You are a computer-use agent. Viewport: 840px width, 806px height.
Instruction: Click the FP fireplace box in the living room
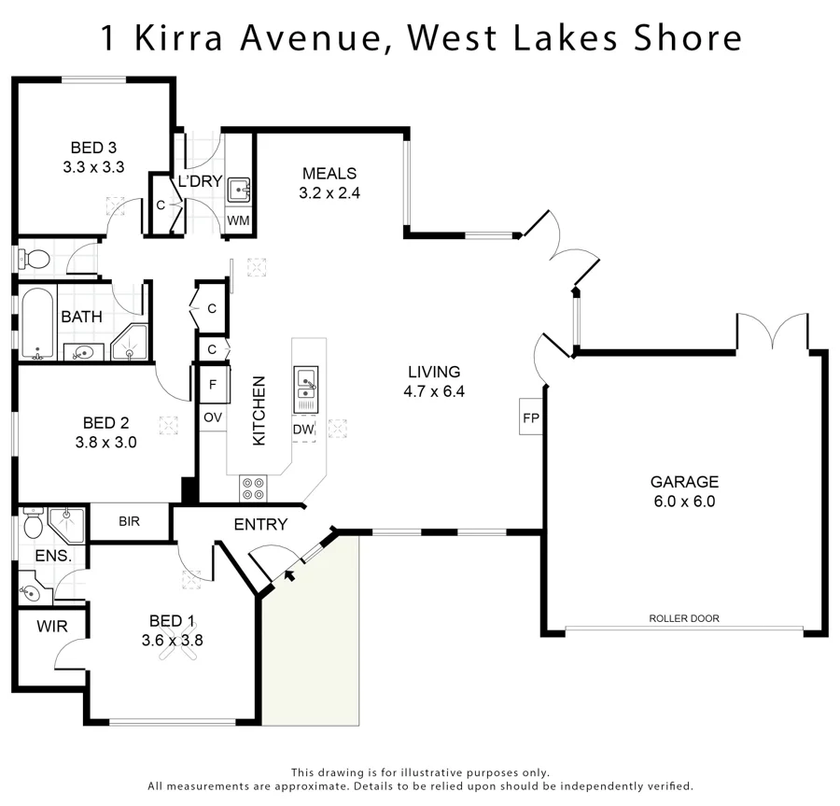[531, 417]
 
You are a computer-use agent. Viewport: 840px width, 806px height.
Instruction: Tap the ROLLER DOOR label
[684, 618]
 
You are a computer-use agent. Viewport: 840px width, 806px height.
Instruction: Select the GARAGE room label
[684, 482]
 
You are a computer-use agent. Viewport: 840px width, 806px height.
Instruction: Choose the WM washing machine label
[239, 220]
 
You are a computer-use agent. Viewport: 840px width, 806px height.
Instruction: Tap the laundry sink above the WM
[239, 191]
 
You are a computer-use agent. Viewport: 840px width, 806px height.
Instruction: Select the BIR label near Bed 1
[129, 521]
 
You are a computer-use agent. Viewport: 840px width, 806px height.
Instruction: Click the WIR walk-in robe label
[52, 626]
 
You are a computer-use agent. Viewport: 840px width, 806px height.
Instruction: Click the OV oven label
[213, 417]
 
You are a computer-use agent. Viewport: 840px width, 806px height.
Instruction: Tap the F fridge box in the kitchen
[213, 384]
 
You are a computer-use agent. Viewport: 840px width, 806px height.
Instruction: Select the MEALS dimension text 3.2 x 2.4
[329, 193]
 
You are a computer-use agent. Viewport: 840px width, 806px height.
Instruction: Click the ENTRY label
[260, 525]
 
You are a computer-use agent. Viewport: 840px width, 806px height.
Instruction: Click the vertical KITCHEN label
[259, 410]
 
